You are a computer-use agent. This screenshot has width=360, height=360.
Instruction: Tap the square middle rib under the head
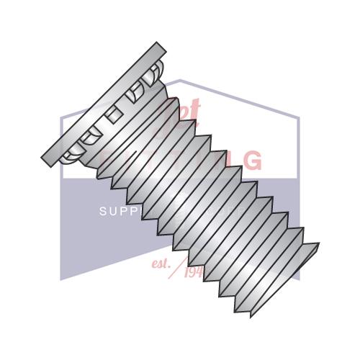112,116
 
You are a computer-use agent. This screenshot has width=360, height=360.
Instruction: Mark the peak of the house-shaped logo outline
180,81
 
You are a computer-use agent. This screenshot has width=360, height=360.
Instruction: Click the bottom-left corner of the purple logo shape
61,279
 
